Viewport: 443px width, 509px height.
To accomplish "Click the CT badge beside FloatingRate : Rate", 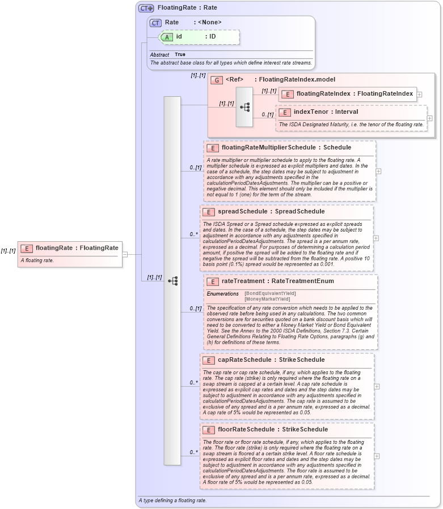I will point(146,8).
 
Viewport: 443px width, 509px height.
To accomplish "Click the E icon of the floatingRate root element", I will point(26,247).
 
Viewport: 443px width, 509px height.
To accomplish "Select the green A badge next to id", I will point(167,37).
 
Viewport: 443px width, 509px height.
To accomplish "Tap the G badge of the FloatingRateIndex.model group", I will point(216,80).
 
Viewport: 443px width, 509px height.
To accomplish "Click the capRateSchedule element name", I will point(243,360).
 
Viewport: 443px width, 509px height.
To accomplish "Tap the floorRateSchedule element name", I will point(244,430).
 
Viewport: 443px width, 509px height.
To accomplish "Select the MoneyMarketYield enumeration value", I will point(267,299).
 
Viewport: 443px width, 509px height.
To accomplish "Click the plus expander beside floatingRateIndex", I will point(419,95).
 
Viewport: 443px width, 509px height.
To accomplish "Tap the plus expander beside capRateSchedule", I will point(377,386).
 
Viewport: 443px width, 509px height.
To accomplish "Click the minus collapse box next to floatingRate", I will point(125,254).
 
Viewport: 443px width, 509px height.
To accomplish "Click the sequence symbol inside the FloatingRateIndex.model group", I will point(245,107).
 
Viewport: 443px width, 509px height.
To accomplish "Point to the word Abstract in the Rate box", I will point(159,55).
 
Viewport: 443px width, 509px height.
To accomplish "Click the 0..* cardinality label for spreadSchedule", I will point(193,234).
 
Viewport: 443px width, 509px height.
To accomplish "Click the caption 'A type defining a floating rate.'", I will point(172,501).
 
